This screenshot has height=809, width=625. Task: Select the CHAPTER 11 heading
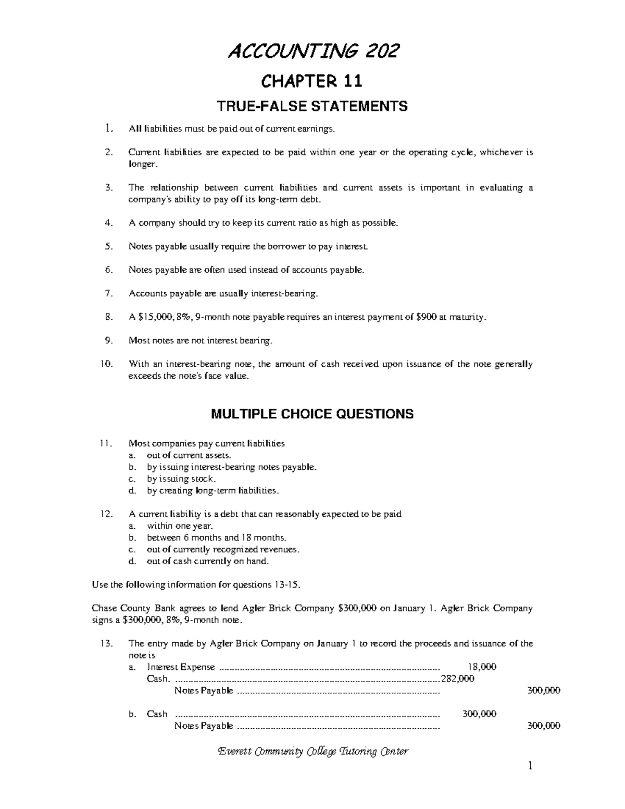(312, 81)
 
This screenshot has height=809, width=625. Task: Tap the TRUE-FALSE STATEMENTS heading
(312, 107)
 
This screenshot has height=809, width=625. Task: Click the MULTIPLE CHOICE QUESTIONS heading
(312, 414)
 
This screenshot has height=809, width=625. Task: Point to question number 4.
(108, 223)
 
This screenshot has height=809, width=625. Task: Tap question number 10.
(106, 364)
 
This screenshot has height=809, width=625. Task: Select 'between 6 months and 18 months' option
(216, 538)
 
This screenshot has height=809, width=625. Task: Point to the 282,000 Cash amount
(457, 679)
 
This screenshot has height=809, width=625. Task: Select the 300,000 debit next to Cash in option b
(479, 714)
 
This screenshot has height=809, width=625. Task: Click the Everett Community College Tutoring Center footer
(312, 751)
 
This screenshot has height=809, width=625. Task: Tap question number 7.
(108, 294)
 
